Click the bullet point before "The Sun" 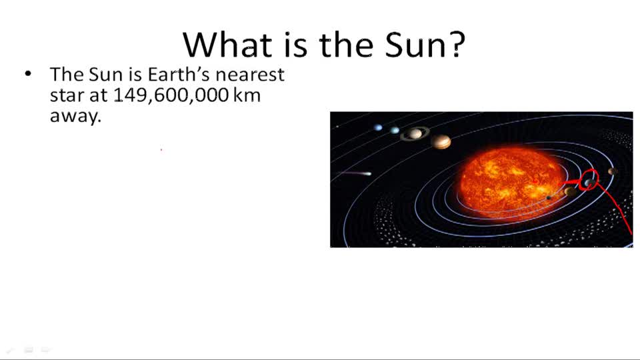[28, 74]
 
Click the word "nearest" [250, 74]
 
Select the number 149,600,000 [171, 95]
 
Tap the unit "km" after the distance [247, 95]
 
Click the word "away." [75, 115]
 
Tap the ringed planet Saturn [415, 133]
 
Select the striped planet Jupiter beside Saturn [441, 141]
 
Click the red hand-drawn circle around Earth [589, 179]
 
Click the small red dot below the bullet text [161, 150]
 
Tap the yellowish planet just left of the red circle [571, 191]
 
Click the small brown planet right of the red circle [612, 172]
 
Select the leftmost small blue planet [378, 127]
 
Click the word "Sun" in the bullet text [105, 74]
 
